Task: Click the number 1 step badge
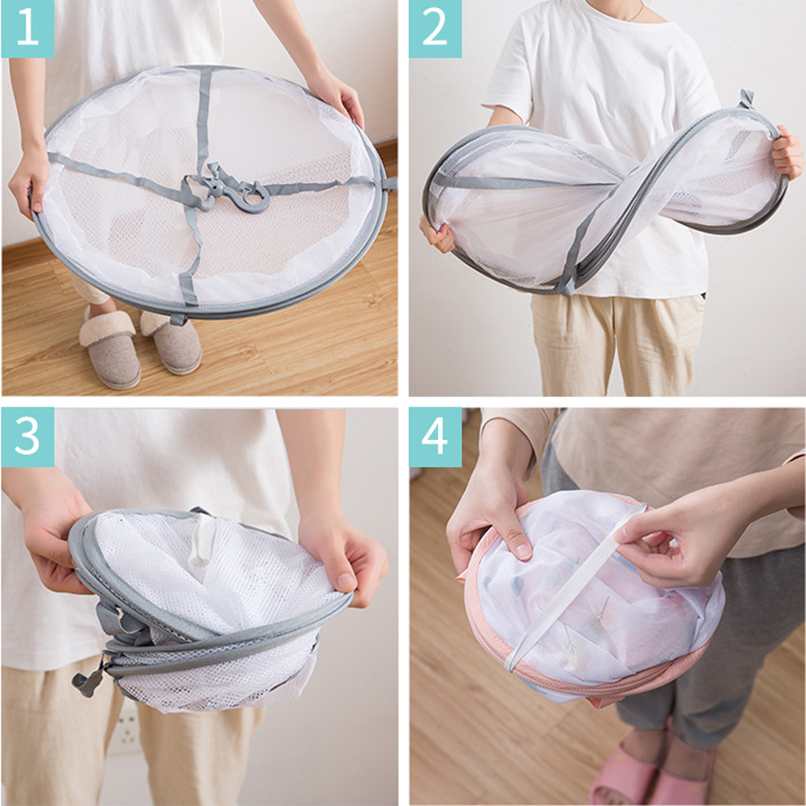tap(27, 29)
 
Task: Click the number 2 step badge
tap(435, 29)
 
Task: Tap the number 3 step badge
tap(27, 437)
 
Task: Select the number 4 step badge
tap(435, 437)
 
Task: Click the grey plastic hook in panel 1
tap(242, 191)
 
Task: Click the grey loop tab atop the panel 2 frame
tap(746, 98)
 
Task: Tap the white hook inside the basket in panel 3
tap(201, 541)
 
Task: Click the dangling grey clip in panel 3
tap(89, 679)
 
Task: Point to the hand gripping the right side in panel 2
tap(787, 152)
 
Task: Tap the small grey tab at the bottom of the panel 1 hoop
tap(179, 319)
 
